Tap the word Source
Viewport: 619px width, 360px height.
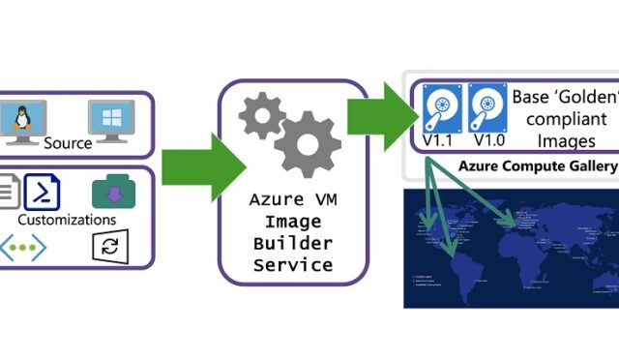coord(68,143)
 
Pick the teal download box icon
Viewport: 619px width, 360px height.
coord(113,192)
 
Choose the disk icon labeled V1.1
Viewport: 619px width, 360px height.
coord(444,108)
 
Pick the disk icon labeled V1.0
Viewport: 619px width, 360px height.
coord(487,108)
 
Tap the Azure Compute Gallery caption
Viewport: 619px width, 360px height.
coord(536,165)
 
